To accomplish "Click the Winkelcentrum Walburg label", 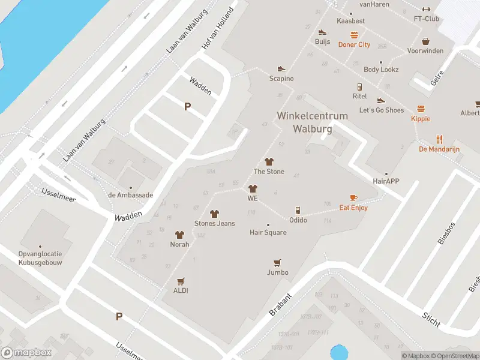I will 304,122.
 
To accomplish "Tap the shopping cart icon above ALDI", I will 181,281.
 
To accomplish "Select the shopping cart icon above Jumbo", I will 277,262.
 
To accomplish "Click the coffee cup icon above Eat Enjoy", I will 353,197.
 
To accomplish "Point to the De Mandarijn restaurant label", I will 439,148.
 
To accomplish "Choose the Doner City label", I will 355,44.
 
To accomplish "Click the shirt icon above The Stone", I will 269,161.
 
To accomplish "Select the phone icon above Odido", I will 298,210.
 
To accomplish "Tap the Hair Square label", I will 268,232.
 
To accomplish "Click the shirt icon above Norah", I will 179,235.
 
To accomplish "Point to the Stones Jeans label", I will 214,223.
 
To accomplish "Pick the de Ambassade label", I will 130,195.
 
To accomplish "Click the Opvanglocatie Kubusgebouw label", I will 40,258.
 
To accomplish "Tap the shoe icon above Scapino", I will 281,69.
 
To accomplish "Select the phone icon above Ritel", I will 359,86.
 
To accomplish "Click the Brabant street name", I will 281,305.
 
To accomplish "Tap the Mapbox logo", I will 26,352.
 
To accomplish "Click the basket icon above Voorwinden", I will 425,41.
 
